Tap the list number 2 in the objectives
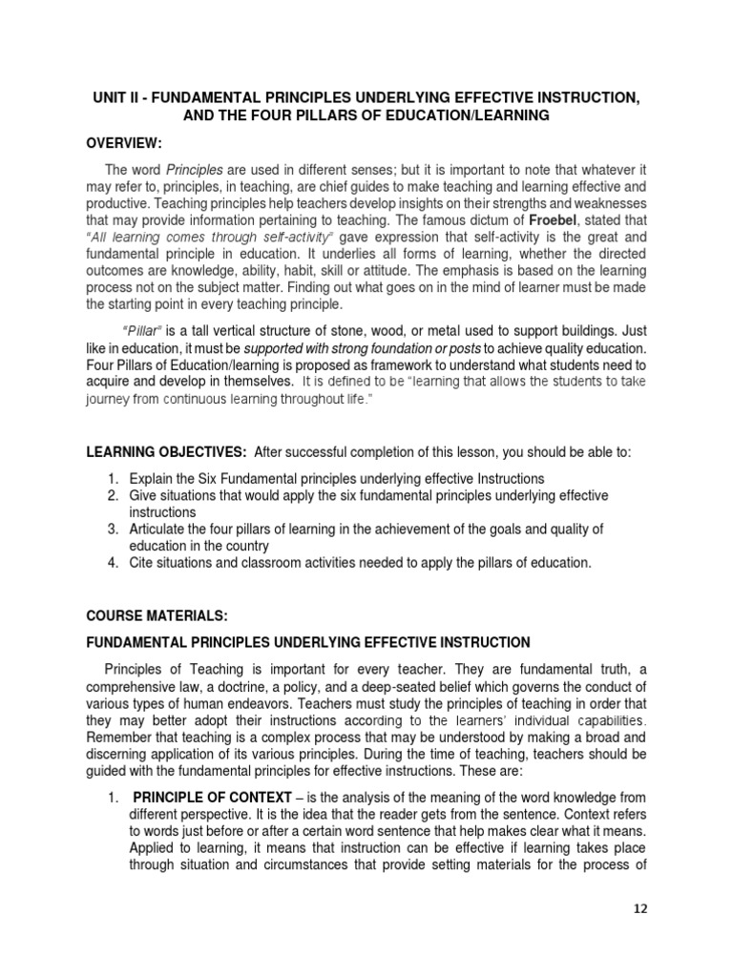(x=111, y=495)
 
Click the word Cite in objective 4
(x=141, y=563)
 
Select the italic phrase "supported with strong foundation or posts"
(x=348, y=346)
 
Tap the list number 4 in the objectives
(x=111, y=563)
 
